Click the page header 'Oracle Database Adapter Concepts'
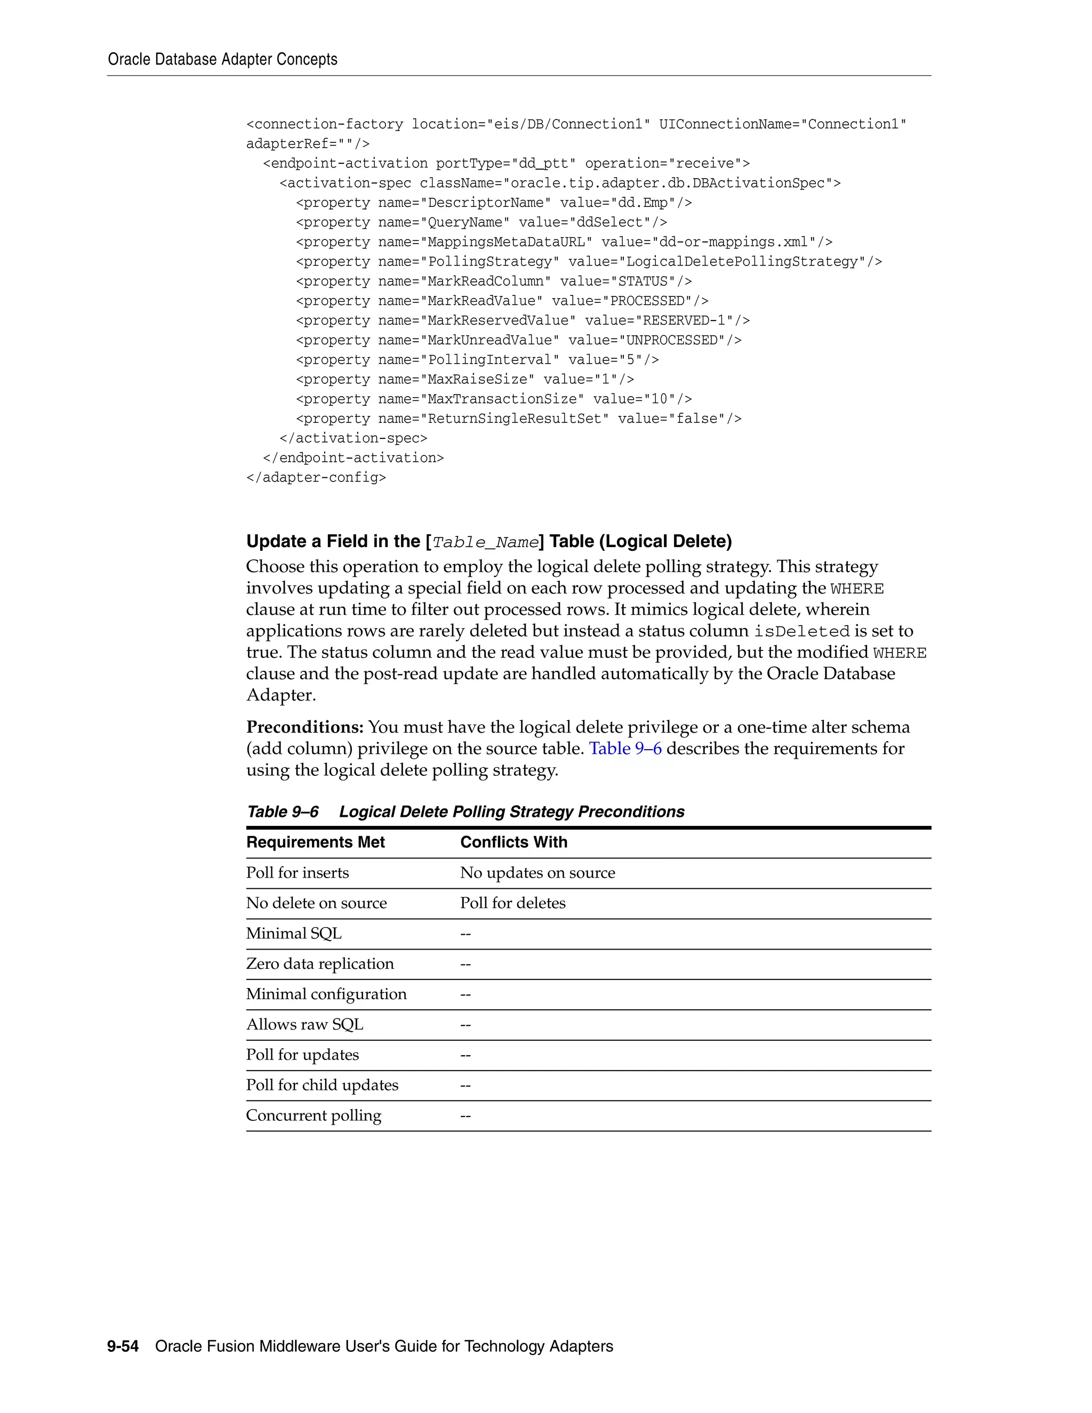[222, 60]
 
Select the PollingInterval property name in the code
[489, 360]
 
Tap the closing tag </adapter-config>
[316, 477]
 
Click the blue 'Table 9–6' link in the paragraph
[625, 749]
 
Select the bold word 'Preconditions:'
[304, 727]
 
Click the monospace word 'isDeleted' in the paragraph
[801, 631]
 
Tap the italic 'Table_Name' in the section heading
[485, 542]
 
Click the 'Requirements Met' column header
[315, 842]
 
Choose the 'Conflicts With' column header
[513, 842]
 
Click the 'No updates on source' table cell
[537, 873]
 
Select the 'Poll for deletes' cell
[512, 903]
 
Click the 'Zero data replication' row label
[319, 964]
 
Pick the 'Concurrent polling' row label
[314, 1115]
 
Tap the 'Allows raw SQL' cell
[304, 1025]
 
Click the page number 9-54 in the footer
[123, 1346]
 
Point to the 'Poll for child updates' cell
[322, 1085]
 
